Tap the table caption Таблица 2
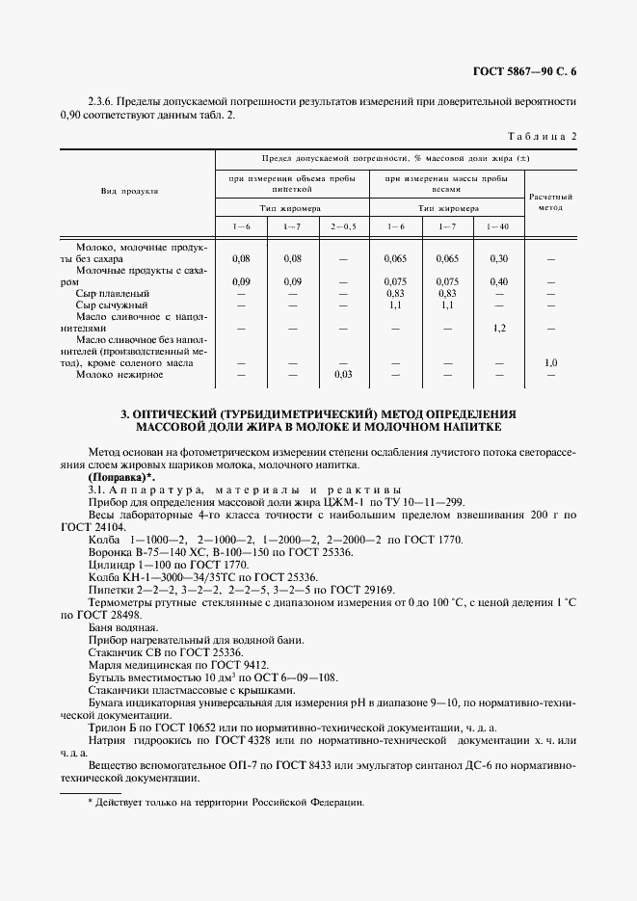tap(543, 136)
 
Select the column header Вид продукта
tap(129, 191)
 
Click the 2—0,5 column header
tap(343, 225)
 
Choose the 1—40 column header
tap(498, 225)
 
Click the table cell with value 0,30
tap(498, 258)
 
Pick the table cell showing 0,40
tap(498, 281)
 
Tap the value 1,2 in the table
tap(499, 328)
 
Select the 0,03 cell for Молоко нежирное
tap(343, 374)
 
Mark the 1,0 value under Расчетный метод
tap(550, 362)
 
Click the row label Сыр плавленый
tap(113, 293)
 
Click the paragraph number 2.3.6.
tap(103, 100)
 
